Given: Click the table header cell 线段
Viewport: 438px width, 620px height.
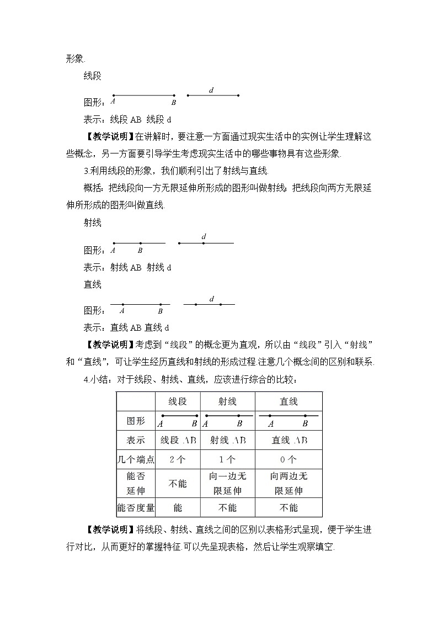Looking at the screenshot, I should point(177,401).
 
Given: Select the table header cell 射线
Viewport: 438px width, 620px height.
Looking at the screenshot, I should point(227,401).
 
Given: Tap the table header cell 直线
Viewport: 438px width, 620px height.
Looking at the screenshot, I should point(289,401).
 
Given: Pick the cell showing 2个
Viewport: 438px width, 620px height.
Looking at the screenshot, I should point(177,459).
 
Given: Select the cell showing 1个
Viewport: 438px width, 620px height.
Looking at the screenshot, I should point(227,459).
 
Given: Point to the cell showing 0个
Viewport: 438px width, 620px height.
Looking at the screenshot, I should point(289,459).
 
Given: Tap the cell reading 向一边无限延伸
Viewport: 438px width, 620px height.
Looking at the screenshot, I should point(227,484).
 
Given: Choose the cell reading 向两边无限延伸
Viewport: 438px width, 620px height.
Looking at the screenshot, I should point(289,484).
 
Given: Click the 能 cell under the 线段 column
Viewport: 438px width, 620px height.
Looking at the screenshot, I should point(177,507).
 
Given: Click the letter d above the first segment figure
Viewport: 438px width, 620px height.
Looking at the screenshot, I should point(211,89).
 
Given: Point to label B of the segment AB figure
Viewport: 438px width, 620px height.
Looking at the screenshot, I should point(173,102).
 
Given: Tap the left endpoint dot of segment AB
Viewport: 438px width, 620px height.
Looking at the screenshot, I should point(113,96).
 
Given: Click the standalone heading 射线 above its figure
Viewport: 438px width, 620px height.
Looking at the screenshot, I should point(92,223).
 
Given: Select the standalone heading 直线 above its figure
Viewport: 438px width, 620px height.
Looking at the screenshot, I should point(92,284).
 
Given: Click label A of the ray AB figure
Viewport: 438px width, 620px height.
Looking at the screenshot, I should point(113,250).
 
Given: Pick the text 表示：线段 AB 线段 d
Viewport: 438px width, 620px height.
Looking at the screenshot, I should point(127,118).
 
